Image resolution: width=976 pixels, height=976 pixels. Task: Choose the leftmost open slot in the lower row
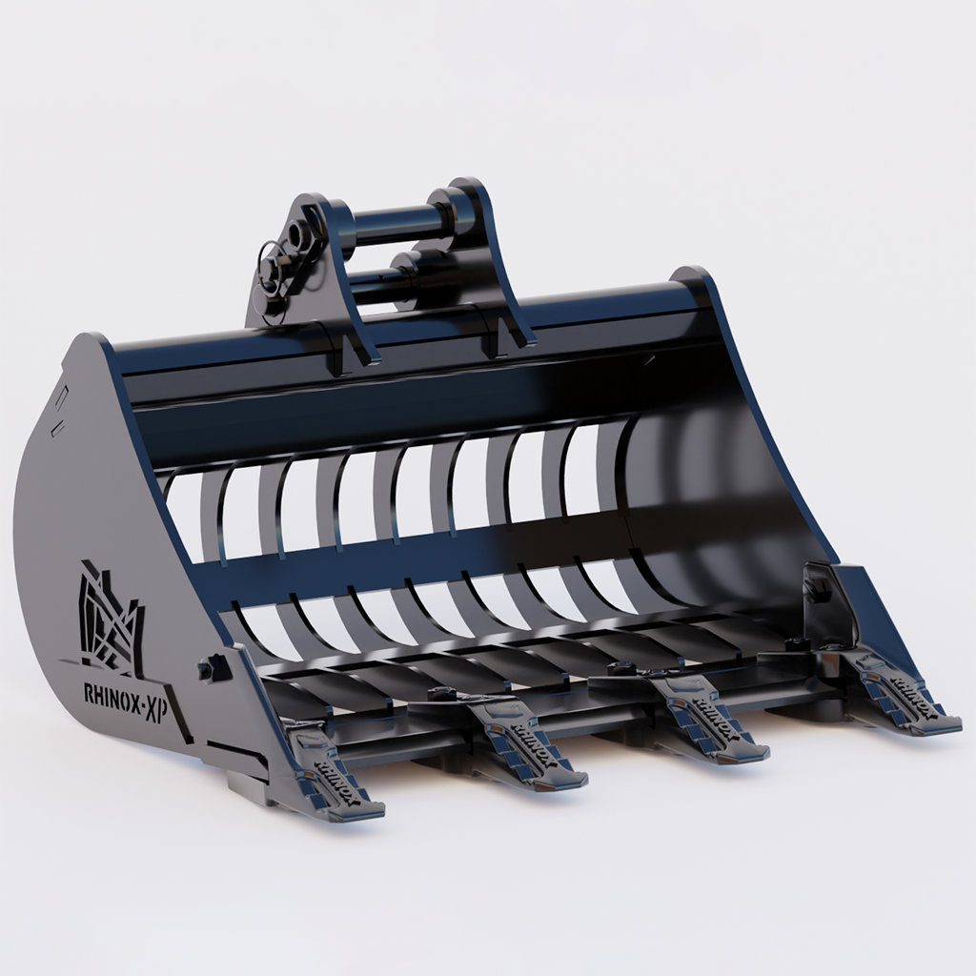click(x=257, y=629)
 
